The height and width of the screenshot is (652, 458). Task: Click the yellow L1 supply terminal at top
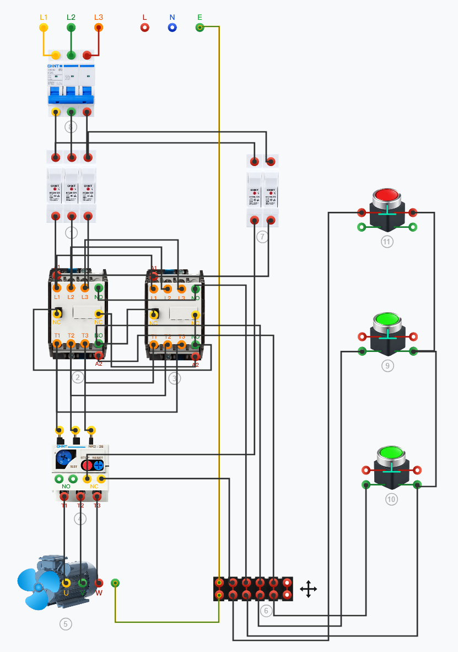(x=44, y=27)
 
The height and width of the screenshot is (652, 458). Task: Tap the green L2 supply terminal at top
(x=71, y=27)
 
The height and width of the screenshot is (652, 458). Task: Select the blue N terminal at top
(x=172, y=27)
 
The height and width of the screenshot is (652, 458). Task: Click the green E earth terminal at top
(x=200, y=27)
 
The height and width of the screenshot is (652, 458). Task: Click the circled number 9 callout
(x=387, y=366)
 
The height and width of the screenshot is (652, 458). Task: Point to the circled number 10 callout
(x=391, y=499)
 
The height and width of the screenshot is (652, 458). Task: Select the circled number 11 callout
(x=387, y=242)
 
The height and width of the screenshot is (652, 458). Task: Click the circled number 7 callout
(x=262, y=237)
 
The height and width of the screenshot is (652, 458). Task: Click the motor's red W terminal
(x=99, y=583)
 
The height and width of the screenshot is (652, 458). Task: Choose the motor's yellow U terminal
(x=66, y=583)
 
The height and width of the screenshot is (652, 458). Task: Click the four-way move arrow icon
(x=308, y=589)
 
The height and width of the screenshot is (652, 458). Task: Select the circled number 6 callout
(x=266, y=611)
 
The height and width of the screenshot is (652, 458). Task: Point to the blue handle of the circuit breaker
(x=71, y=99)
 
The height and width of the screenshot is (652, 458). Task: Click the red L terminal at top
(x=144, y=27)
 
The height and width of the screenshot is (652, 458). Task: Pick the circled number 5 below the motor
(x=66, y=624)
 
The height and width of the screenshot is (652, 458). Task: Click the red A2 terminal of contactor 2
(x=99, y=356)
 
